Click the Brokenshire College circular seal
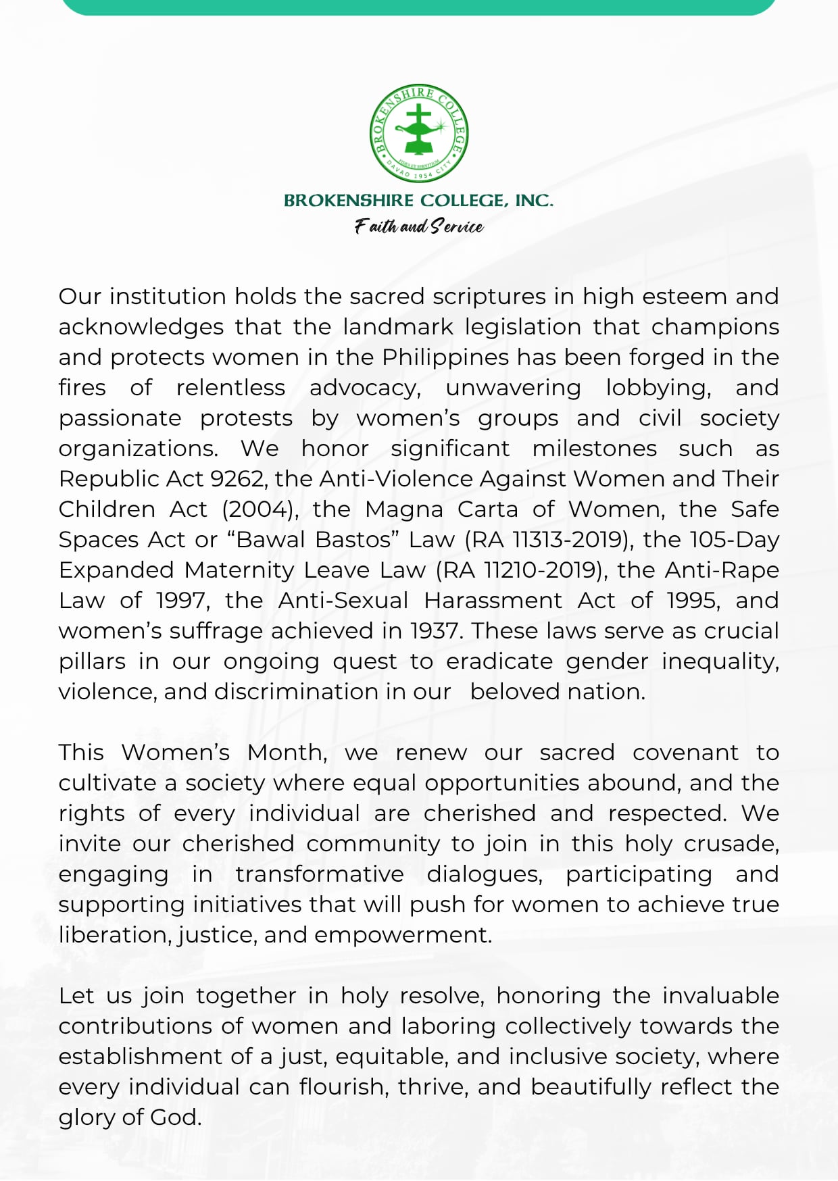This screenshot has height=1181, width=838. point(419,134)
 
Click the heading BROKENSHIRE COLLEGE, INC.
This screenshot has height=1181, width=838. point(418,201)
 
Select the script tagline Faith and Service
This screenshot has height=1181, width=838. point(419,226)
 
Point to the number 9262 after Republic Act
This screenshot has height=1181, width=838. point(237,479)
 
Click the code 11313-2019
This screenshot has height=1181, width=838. point(566,540)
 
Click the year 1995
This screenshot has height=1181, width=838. point(693,601)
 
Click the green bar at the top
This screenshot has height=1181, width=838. point(419,7)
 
